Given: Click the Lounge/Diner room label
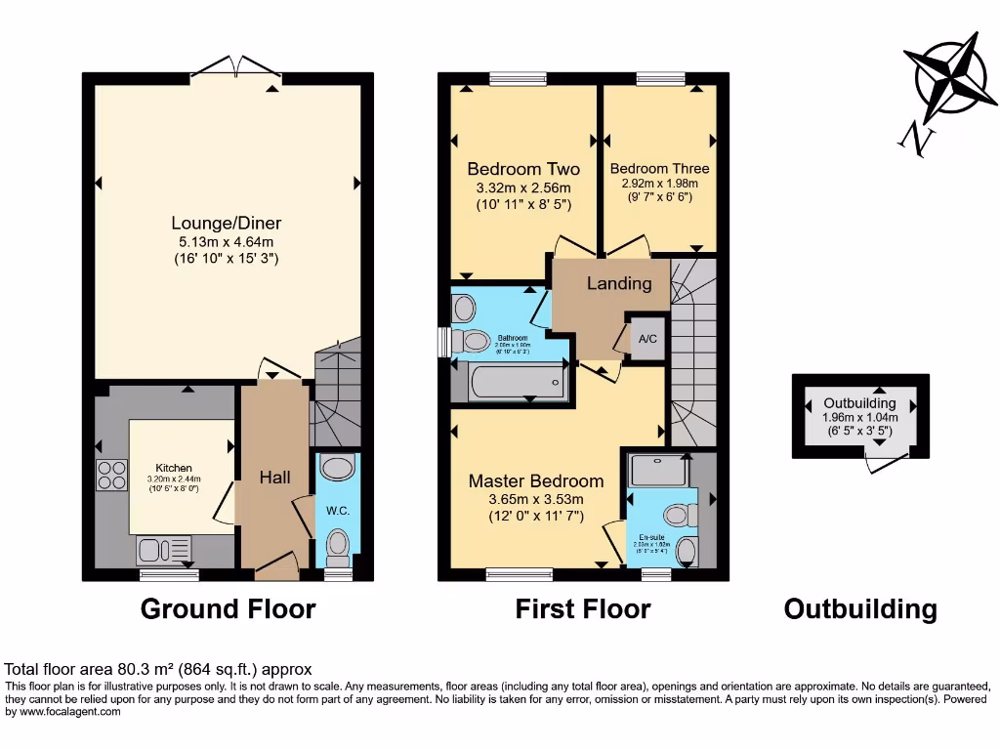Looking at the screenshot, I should coord(226,224).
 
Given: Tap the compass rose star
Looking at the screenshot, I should coord(949,78).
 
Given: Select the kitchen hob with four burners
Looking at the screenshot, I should coord(110,475).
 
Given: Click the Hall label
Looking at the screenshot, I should coord(274,478).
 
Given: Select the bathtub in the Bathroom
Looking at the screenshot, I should coord(517,380).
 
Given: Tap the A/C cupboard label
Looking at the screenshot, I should coord(646,340).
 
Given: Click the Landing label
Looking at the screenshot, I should coord(618,283).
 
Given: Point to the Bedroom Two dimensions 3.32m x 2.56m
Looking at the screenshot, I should coord(522,187).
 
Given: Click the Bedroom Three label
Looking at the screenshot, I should coord(660,168).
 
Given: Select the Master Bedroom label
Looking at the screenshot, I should coord(535,480).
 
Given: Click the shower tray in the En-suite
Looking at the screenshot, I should coord(658,471).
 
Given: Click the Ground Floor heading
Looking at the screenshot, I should coord(228,609).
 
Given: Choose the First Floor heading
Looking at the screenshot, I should coord(583,609).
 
